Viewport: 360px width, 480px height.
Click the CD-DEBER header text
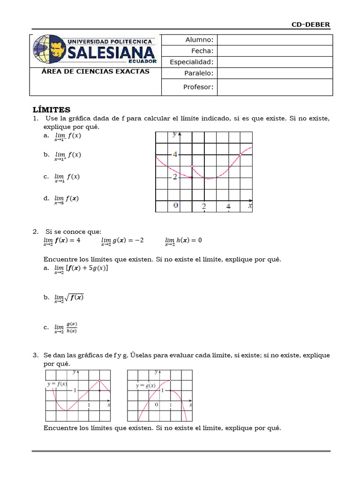coord(311,24)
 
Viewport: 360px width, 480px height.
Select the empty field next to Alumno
coord(275,40)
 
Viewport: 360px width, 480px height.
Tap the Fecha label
coord(202,51)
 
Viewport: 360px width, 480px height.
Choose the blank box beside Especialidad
coord(275,62)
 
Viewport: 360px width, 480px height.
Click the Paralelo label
coord(199,73)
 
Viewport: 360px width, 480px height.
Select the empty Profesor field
coord(275,87)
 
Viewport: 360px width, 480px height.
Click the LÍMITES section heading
coord(52,110)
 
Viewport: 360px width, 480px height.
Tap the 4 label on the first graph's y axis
coord(175,154)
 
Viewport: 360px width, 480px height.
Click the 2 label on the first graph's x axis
coord(204,206)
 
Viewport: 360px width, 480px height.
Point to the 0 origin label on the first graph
coord(176,205)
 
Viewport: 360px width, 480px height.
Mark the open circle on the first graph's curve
coord(192,166)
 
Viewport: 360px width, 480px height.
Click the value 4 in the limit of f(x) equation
coord(78,240)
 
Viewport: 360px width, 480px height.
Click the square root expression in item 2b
coord(74,298)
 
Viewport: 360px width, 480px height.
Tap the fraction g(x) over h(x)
coord(72,327)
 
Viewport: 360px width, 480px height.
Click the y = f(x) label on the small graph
coord(57,384)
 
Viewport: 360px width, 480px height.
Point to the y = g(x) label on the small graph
coord(146,386)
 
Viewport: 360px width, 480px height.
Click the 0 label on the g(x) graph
coord(157,404)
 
